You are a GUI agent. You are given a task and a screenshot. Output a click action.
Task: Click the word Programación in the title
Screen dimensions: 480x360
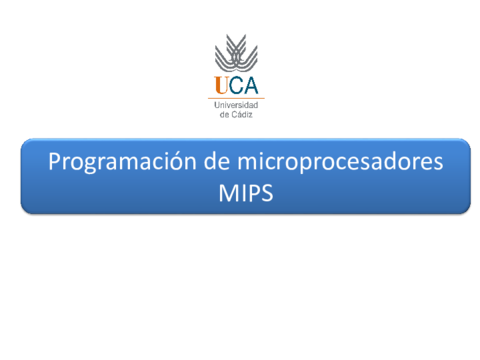click(122, 162)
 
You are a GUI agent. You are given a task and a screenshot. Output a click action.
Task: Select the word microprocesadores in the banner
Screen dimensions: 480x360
click(340, 162)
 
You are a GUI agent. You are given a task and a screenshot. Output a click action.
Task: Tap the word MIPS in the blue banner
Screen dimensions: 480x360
click(246, 193)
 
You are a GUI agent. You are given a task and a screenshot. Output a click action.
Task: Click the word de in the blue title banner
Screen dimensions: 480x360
click(217, 161)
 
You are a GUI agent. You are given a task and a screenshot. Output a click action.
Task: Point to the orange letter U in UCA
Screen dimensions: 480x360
click(221, 85)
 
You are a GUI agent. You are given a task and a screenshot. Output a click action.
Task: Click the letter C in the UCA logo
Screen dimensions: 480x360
click(236, 85)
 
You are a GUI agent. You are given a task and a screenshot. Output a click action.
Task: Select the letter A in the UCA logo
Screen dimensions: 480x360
click(251, 85)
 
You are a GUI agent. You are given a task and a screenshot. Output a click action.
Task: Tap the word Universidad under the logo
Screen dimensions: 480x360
click(236, 105)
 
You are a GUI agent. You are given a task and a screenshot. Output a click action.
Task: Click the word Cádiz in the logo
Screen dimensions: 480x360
click(242, 114)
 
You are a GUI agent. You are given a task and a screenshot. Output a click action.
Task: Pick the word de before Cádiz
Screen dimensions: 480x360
click(224, 115)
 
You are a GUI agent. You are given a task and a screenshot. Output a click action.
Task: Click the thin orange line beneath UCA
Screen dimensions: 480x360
click(236, 98)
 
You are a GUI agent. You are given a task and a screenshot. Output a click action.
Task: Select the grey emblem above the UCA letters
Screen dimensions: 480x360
click(236, 53)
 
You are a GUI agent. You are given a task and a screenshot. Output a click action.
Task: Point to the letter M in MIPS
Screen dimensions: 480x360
click(228, 193)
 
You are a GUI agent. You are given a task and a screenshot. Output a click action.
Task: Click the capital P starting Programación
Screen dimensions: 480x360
click(54, 161)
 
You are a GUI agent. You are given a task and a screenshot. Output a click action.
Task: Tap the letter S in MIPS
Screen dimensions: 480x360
click(267, 193)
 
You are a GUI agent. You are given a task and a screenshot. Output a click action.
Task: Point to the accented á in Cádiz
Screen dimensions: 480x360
click(239, 114)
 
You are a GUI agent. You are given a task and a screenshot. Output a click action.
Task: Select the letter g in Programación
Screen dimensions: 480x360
click(90, 165)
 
